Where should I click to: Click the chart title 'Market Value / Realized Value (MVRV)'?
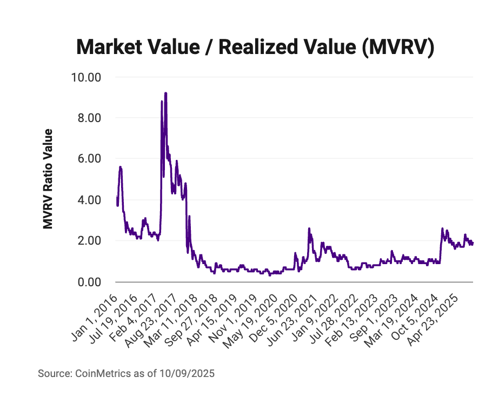click(x=256, y=48)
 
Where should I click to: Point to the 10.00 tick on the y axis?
click(x=87, y=77)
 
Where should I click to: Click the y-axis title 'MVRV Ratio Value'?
click(x=49, y=179)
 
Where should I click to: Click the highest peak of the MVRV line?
click(x=165, y=93)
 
